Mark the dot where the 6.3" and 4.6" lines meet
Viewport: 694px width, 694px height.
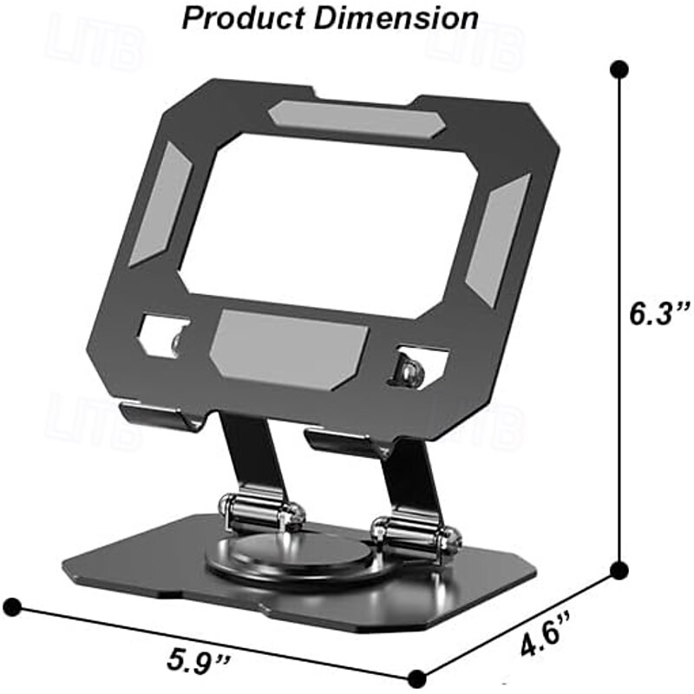coord(619,570)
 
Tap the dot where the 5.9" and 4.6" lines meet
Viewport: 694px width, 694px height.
coord(418,677)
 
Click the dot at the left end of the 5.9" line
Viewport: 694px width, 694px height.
coord(12,605)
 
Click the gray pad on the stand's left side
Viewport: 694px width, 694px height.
coord(160,205)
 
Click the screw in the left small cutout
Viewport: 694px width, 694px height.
coord(179,342)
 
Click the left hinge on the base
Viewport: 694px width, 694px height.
coord(258,514)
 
